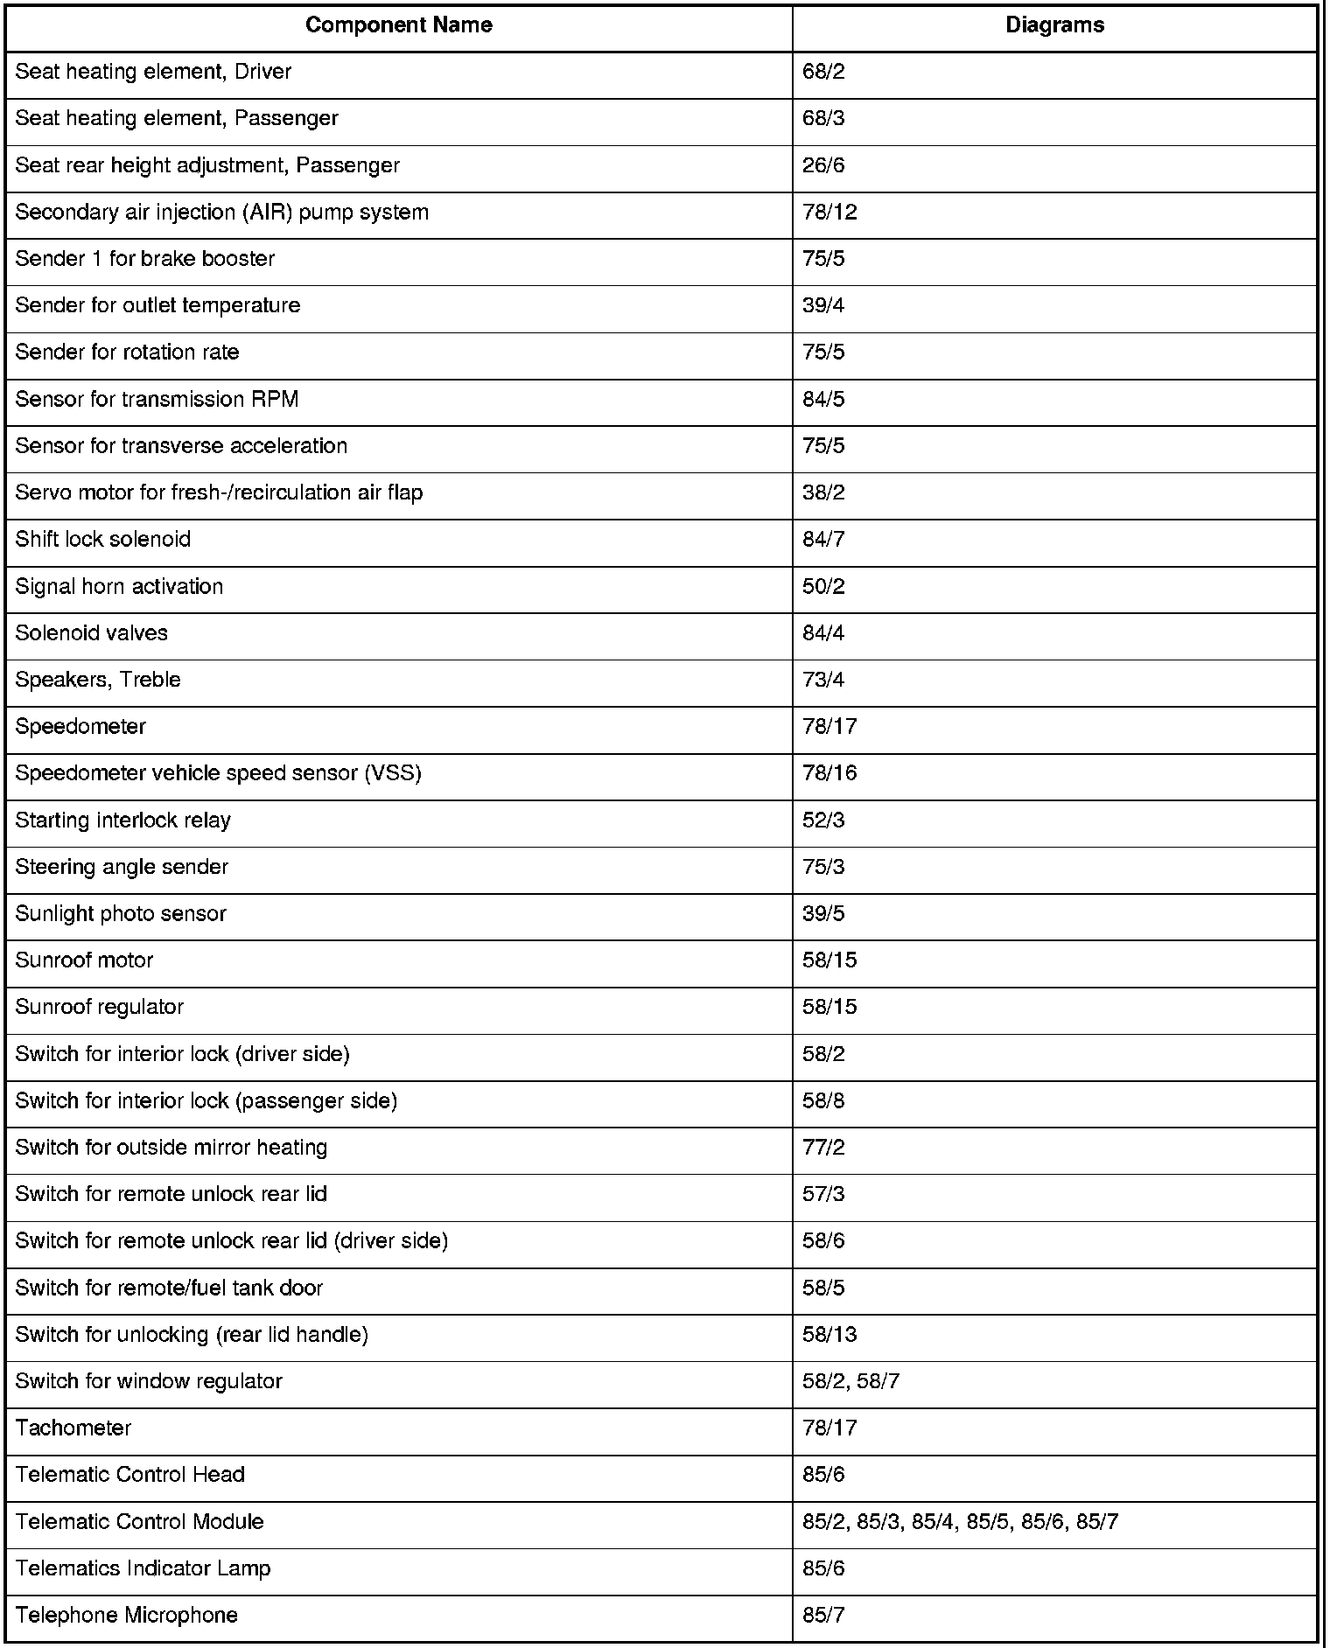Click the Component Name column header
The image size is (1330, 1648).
coord(398,25)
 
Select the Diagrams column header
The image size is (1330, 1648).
coord(1054,25)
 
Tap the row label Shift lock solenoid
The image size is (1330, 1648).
coord(103,539)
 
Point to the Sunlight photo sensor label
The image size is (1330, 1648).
coord(121,913)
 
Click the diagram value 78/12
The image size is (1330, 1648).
coord(829,213)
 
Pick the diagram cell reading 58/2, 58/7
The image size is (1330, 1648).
coord(850,1381)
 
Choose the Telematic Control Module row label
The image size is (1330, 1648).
coord(139,1521)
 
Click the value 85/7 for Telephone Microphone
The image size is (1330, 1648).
coord(823,1615)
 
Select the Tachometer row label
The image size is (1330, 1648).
coord(73,1428)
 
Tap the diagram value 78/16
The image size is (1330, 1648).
coord(829,773)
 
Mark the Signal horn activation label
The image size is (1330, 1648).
coord(119,586)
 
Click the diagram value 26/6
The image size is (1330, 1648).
coord(823,165)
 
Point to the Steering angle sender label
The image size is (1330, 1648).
coord(122,867)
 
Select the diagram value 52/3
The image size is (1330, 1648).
coord(823,821)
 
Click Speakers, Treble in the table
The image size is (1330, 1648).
coord(98,680)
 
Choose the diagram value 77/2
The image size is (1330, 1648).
coord(823,1148)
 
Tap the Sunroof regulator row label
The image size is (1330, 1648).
coord(100,1007)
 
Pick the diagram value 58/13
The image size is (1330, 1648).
coord(829,1334)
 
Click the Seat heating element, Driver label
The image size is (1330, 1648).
coord(153,72)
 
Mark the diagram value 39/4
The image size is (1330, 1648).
coord(823,305)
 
